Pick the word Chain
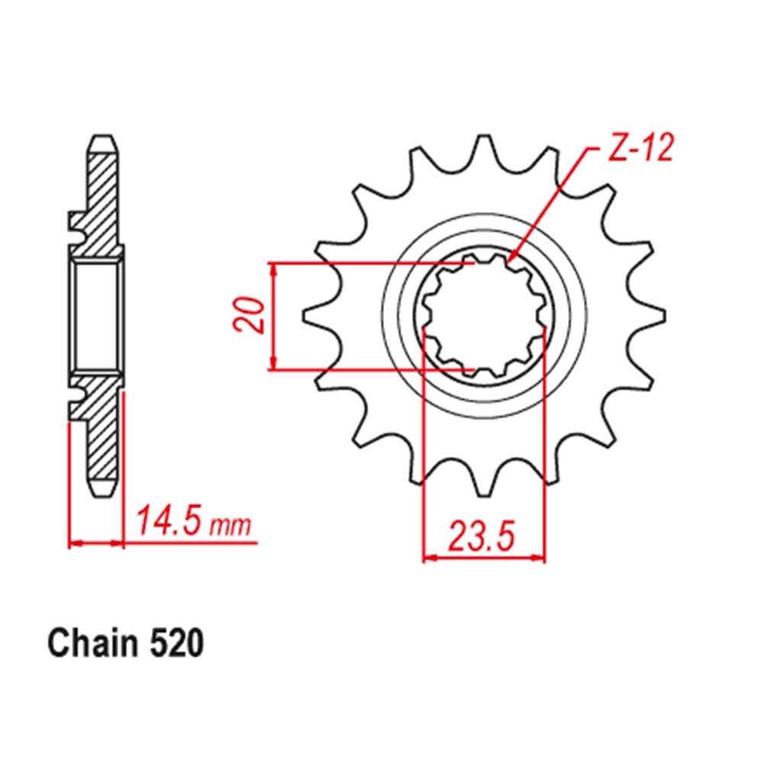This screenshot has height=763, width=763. (90, 644)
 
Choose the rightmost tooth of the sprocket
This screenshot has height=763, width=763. (655, 316)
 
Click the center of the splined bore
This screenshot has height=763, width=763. (482, 316)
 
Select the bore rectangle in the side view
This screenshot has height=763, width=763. (97, 316)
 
